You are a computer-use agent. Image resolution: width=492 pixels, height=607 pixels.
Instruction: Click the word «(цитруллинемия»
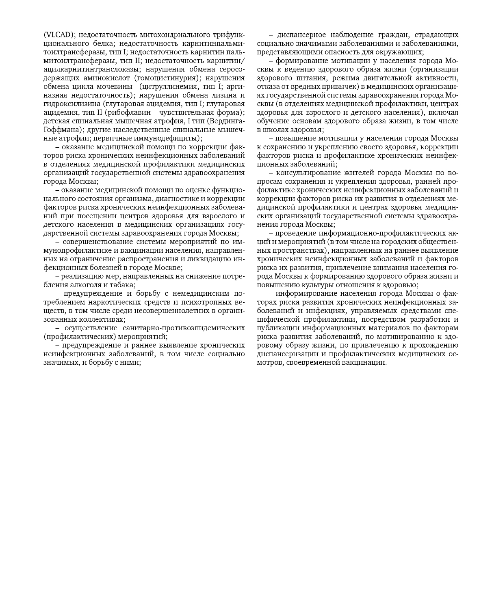point(165,86)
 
